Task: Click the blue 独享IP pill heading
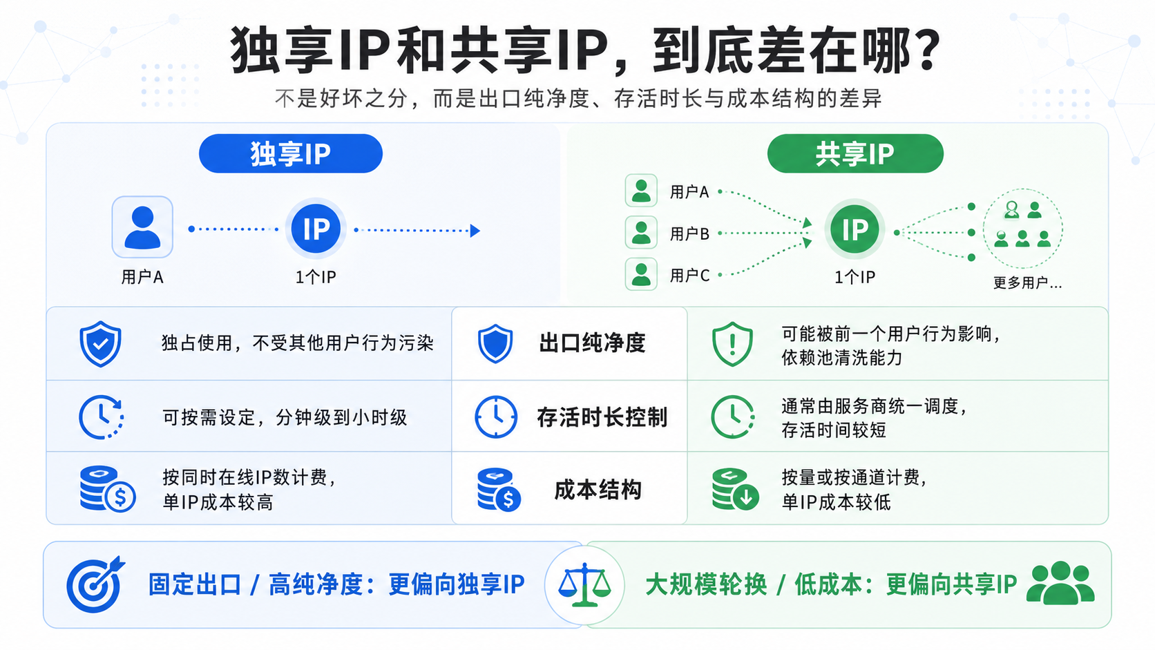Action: (290, 153)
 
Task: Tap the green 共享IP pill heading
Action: (855, 153)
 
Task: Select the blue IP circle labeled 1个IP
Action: (316, 229)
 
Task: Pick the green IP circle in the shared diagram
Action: (855, 229)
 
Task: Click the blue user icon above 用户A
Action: (142, 227)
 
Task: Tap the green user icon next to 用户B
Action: (641, 233)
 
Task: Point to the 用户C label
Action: (689, 276)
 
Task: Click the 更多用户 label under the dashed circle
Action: (1027, 283)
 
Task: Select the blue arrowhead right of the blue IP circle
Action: (475, 231)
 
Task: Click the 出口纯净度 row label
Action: (593, 343)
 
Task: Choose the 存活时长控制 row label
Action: (602, 417)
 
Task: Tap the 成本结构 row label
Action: (598, 490)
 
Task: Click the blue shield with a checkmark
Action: (101, 344)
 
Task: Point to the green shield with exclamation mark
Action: (732, 344)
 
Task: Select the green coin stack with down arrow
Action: (735, 488)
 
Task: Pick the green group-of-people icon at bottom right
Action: (1060, 583)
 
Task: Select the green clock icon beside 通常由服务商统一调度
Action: (733, 417)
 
